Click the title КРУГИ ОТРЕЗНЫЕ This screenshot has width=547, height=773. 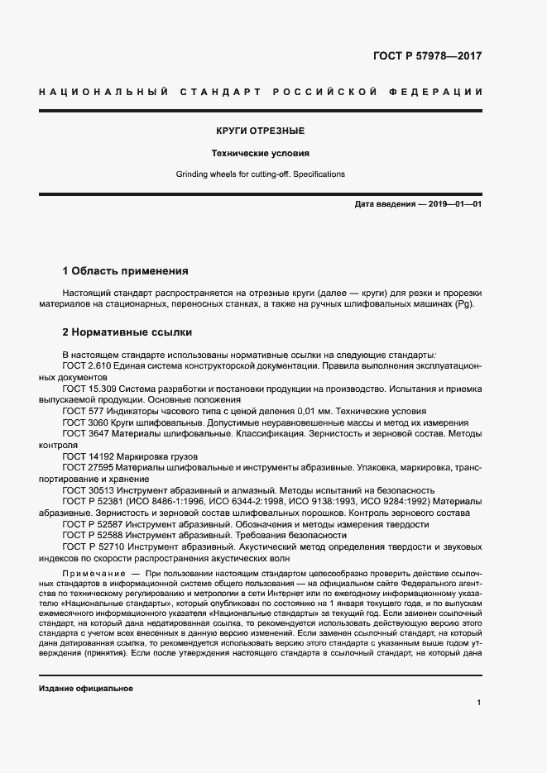261,131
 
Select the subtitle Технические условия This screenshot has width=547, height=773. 261,153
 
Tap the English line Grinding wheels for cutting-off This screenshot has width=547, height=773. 261,174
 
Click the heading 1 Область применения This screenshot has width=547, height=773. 126,270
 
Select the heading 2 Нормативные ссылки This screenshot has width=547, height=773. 127,332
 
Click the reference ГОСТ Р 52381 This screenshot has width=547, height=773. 92,501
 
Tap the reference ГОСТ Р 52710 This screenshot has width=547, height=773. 92,546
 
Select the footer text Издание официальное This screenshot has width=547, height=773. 86,688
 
